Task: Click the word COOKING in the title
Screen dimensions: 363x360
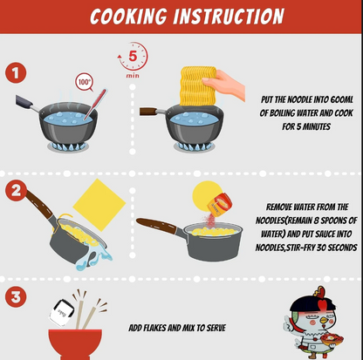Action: click(128, 17)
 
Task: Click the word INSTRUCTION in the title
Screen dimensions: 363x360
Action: click(229, 17)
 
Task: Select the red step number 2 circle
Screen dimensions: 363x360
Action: click(16, 191)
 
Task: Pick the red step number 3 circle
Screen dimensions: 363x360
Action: click(16, 297)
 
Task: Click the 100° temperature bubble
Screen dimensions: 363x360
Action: click(84, 82)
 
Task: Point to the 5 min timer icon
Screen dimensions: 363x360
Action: click(133, 59)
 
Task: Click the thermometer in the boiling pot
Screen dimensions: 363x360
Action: click(95, 105)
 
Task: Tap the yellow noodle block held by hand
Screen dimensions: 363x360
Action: click(198, 86)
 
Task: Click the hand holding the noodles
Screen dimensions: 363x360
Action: click(224, 85)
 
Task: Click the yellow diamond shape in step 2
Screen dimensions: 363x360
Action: click(99, 205)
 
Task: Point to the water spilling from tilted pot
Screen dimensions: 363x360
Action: click(94, 257)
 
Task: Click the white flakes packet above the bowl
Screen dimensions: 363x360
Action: click(62, 313)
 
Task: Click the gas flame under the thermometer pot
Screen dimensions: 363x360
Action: click(68, 146)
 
